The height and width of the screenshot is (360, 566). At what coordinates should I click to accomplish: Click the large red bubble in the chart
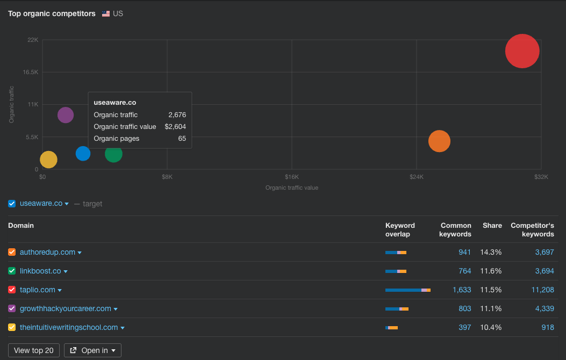pos(522,51)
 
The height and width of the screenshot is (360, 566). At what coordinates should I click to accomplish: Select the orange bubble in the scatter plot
pos(439,141)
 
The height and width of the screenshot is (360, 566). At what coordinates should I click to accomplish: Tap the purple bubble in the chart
pos(66,115)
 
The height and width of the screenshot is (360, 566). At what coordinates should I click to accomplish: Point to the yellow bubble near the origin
pos(48,160)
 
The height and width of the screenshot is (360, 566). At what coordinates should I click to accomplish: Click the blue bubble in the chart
pos(83,153)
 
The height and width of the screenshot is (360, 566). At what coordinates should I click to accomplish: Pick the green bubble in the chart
pos(114,154)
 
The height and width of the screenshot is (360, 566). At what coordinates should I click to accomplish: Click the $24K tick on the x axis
pos(416,177)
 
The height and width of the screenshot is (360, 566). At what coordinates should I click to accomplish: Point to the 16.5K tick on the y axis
pos(30,72)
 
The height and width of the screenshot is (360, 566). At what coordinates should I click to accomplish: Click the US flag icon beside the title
pos(106,14)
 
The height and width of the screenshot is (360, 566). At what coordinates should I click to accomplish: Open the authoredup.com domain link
pos(47,252)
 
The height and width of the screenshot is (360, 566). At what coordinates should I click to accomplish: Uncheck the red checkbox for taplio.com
pos(12,290)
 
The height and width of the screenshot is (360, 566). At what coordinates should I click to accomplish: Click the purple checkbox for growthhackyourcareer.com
pos(12,308)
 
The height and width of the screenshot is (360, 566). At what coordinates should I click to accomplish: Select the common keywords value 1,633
pos(462,290)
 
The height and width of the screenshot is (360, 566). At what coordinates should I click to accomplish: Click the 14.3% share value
pos(491,252)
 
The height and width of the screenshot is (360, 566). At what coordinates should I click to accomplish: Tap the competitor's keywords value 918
pos(548,327)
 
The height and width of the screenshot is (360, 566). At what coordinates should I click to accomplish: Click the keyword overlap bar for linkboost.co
pos(396,271)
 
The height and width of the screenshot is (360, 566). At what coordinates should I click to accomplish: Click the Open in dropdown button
pos(92,350)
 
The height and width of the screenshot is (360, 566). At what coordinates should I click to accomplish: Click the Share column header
pos(492,226)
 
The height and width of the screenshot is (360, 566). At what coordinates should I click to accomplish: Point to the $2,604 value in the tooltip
pos(175,127)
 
